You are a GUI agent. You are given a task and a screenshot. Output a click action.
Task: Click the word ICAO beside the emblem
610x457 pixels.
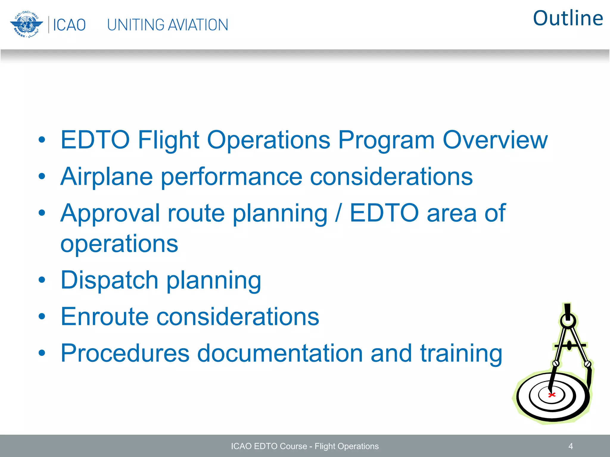point(69,25)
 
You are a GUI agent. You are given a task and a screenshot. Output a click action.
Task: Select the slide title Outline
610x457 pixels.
point(568,18)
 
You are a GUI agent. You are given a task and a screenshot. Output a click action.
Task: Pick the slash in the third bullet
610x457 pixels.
point(338,213)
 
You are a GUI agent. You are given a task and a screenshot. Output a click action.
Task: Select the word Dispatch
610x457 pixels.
point(109,280)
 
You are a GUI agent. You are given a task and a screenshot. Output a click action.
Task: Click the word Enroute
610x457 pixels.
point(104,317)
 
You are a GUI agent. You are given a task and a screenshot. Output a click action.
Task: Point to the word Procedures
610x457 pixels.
point(125,353)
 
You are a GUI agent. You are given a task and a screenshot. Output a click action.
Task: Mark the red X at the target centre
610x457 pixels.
point(552,395)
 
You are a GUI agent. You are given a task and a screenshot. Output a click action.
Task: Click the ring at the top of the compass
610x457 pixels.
point(568,321)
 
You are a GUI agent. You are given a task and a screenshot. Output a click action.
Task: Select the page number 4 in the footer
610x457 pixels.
point(570,446)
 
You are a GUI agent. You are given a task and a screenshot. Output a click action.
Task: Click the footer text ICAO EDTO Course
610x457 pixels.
point(269,446)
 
